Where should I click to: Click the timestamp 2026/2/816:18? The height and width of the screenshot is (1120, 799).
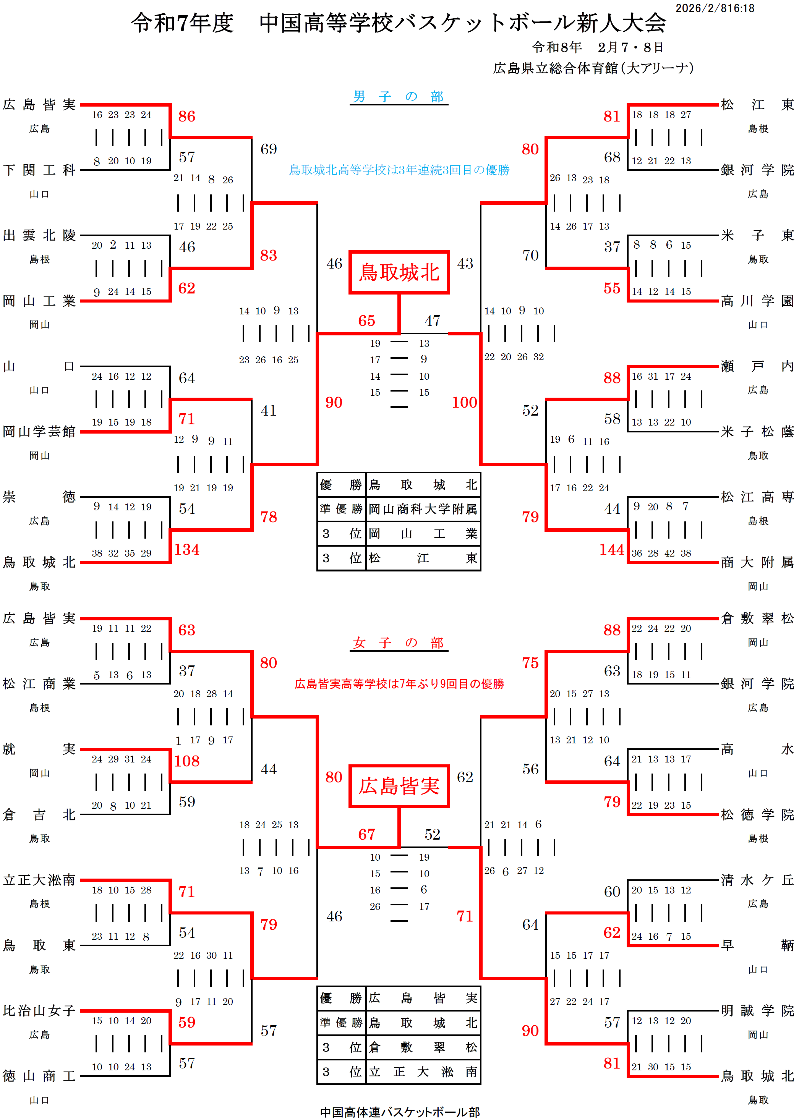pyautogui.click(x=715, y=8)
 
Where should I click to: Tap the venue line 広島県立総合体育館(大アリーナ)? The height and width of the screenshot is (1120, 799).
pyautogui.click(x=593, y=68)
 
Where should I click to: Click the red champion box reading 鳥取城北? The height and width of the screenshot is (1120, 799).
pyautogui.click(x=399, y=272)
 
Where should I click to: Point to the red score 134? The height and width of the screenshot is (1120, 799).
pyautogui.click(x=186, y=549)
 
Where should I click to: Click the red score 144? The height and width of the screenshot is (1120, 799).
pyautogui.click(x=611, y=549)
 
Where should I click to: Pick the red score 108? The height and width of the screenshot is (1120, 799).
pyautogui.click(x=186, y=761)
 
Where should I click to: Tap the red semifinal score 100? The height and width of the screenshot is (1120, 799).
pyautogui.click(x=464, y=402)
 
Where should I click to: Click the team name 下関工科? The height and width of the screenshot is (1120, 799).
pyautogui.click(x=39, y=170)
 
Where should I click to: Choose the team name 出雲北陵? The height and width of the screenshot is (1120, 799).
pyautogui.click(x=39, y=236)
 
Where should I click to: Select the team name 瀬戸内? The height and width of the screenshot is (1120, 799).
pyautogui.click(x=757, y=366)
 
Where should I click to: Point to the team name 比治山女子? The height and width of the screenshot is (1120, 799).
pyautogui.click(x=39, y=1011)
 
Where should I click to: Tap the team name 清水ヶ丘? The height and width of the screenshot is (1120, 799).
pyautogui.click(x=757, y=880)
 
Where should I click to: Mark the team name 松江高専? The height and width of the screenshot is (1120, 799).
pyautogui.click(x=757, y=497)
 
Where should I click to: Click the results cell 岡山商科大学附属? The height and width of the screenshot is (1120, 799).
pyautogui.click(x=423, y=509)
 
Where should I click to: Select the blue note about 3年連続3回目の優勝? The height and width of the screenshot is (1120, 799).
pyautogui.click(x=399, y=170)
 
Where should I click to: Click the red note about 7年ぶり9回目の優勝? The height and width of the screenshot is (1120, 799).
pyautogui.click(x=399, y=684)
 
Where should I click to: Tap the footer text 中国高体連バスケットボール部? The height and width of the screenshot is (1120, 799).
pyautogui.click(x=400, y=1112)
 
